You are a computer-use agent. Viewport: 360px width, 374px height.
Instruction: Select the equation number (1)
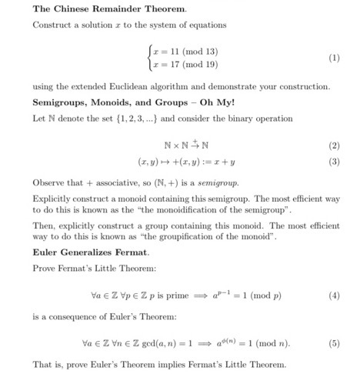[x=334, y=58]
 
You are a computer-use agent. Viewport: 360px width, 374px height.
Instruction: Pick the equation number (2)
[x=334, y=145]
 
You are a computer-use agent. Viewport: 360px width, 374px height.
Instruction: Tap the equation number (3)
[x=334, y=162]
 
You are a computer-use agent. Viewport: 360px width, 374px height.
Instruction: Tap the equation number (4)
[x=334, y=295]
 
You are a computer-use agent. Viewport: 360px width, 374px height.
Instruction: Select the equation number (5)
[x=334, y=343]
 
